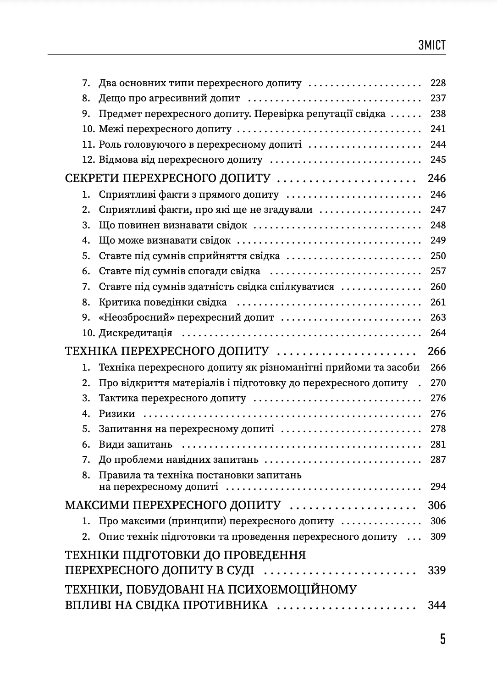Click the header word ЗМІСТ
coord(431,45)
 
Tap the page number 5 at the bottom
coord(442,639)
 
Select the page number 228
coord(438,83)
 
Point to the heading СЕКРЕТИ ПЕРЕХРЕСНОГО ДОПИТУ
coord(168,178)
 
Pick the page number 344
coord(436,605)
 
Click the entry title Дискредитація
coord(135,333)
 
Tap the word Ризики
coord(117,414)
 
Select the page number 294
coord(438,487)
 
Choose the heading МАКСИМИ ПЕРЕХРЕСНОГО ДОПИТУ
coord(173,505)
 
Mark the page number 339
coord(436,571)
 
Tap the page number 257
coord(438,271)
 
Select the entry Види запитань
coord(135,444)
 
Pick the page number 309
coord(438,537)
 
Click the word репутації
coord(328,114)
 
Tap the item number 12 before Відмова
coord(88,160)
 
